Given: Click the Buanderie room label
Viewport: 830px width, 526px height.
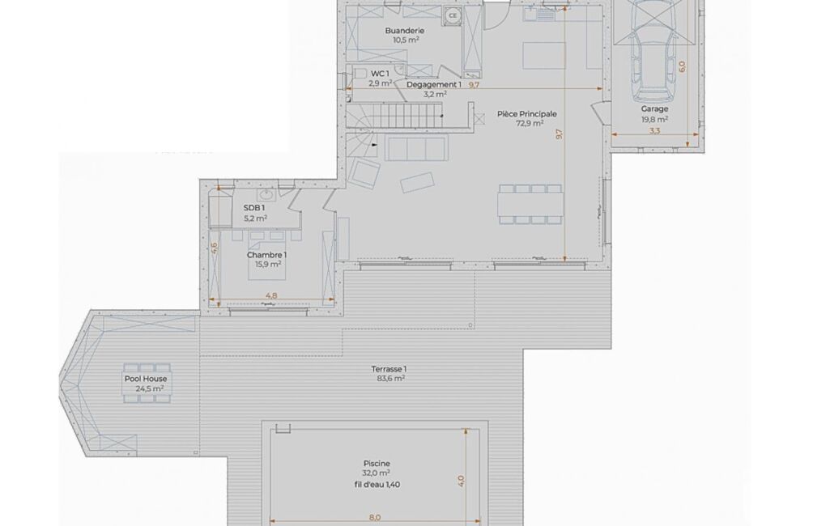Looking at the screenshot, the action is coord(404,31).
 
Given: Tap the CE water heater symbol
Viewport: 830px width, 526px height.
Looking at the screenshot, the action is coord(453,16).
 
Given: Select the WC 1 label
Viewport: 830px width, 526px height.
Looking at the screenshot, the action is coord(380,74).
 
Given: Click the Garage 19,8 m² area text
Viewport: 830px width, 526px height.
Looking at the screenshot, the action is coord(655,119).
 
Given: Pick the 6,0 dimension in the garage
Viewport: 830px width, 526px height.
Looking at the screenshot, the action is coord(682,66).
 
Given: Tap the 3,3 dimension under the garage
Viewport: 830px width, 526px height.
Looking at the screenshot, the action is coord(655,131).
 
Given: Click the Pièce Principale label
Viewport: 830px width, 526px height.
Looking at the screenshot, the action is coord(526,114).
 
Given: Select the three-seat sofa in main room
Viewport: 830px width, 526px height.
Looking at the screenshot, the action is coord(417,147).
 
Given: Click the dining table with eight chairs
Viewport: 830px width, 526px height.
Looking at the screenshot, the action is coord(530,204).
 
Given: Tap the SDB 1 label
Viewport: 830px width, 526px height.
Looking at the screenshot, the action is coord(254,207).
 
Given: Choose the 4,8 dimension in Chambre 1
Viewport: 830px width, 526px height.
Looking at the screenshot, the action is coord(271,296).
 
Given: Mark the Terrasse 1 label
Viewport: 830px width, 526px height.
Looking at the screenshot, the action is coord(389,369).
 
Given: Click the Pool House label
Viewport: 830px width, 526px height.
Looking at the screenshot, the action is coord(146,379).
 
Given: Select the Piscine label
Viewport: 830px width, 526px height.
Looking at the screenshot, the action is coord(377,464).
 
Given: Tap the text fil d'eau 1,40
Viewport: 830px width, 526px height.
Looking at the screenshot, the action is coord(377,484).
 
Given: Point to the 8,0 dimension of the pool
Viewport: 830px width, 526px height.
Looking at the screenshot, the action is coord(374,518).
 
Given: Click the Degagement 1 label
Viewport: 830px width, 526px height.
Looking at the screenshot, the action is coord(434,85).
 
